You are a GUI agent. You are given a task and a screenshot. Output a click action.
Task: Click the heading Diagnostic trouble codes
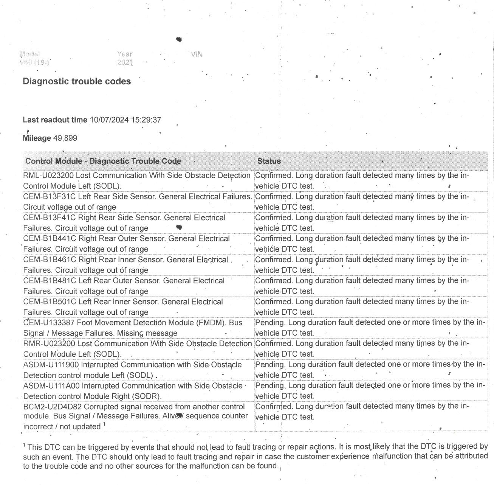click(x=77, y=81)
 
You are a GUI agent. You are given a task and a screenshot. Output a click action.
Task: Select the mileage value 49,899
click(x=65, y=138)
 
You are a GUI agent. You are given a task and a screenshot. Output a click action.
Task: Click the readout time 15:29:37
click(x=146, y=120)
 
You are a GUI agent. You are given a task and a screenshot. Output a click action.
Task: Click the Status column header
click(x=269, y=161)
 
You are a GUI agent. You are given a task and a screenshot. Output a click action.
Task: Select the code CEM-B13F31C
click(x=50, y=197)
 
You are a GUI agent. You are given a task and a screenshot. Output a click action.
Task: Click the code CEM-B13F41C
click(x=50, y=218)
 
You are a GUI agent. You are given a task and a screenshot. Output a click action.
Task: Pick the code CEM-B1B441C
click(x=50, y=239)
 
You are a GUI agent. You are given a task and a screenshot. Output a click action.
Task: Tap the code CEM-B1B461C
click(x=50, y=260)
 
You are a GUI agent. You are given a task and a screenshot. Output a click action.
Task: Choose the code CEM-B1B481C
click(x=50, y=281)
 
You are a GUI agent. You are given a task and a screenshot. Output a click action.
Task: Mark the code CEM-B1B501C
click(x=50, y=302)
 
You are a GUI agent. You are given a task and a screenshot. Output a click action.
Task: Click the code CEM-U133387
click(x=50, y=323)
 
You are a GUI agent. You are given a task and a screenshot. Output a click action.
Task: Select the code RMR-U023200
click(x=49, y=344)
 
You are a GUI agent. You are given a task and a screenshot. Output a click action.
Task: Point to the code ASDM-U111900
click(x=51, y=365)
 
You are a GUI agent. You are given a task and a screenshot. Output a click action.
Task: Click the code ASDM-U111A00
click(x=51, y=386)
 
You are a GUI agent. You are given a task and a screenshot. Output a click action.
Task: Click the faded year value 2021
click(x=125, y=62)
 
